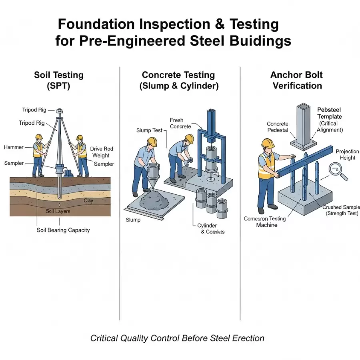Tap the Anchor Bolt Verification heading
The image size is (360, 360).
point(297,80)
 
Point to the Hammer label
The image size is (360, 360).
point(14,147)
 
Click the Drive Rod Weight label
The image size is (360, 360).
point(101,152)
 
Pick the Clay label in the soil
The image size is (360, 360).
point(88,200)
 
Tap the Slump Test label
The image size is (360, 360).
point(149,130)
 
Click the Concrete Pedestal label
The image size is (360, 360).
point(278,127)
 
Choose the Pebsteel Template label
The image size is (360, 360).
point(330,113)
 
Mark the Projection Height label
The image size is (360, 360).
point(345,154)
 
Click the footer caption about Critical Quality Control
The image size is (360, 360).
point(177,338)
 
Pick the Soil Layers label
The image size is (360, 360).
point(58,211)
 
